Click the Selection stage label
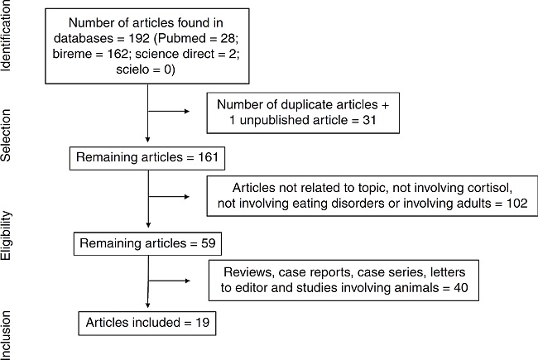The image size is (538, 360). click(8, 132)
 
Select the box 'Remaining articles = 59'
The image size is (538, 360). click(147, 245)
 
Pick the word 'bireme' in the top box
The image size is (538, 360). click(91, 55)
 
